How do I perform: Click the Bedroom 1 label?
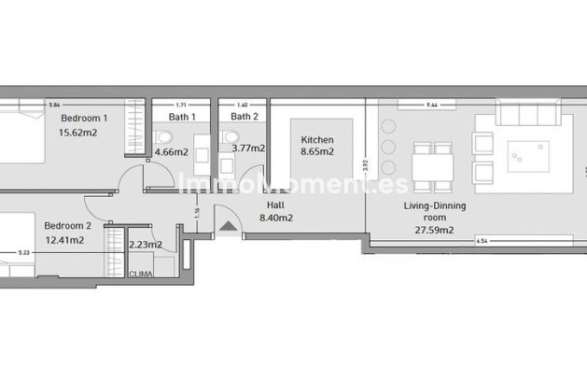pos(84,119)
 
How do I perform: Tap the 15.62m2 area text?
pos(79,134)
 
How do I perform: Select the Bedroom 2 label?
pos(68,225)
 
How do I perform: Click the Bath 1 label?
pos(182,118)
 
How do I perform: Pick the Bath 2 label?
pos(245,118)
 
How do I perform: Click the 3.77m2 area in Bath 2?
pos(247,148)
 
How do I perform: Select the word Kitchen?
pos(317,139)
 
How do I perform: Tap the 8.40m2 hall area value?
pos(275,218)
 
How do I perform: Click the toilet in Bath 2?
pos(230,137)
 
